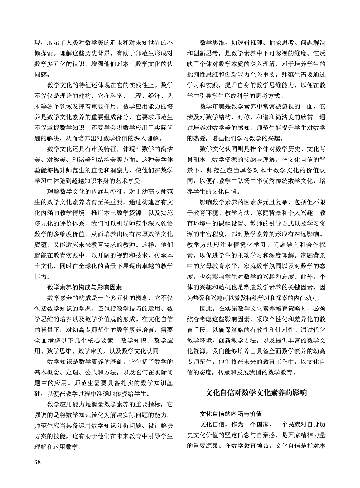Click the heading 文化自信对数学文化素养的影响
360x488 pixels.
(256, 393)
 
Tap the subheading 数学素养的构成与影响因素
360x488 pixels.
(84, 287)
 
